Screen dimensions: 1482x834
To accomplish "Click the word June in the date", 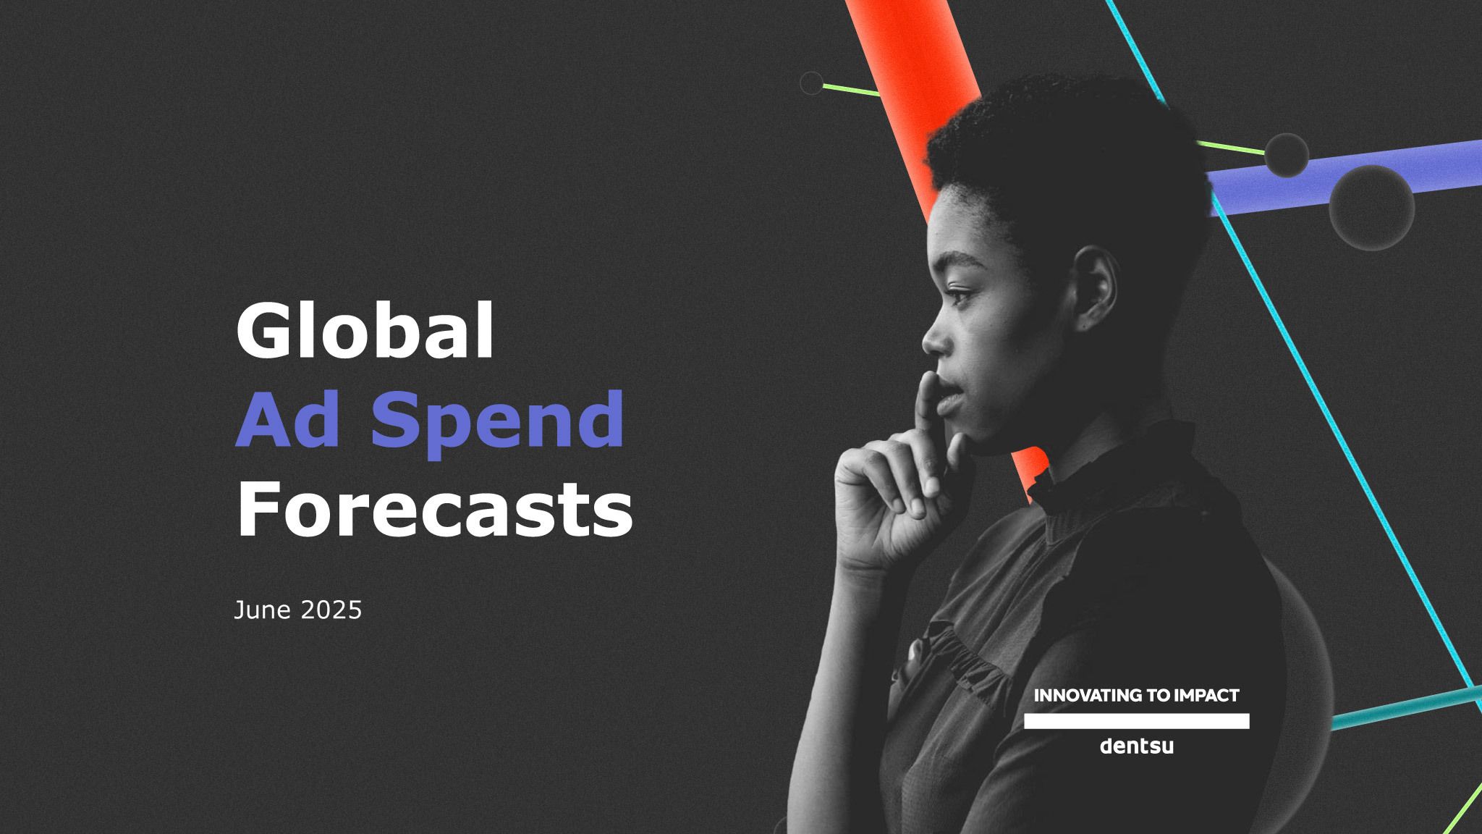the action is click(262, 610).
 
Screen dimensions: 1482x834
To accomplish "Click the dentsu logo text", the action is click(1136, 746).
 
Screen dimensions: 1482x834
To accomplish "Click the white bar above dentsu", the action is click(1136, 721).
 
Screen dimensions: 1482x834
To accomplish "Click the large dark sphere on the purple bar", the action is click(1372, 208).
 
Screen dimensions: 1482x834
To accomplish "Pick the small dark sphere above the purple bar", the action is click(1287, 155).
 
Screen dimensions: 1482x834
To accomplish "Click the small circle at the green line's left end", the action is click(812, 83).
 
